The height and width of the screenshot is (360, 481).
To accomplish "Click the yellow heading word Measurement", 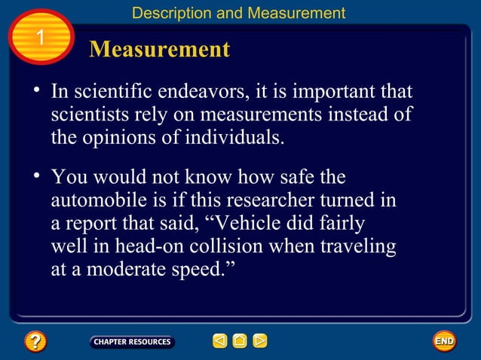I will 159,50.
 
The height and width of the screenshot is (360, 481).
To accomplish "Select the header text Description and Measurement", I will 238,13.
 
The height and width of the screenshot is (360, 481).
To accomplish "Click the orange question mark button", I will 35,342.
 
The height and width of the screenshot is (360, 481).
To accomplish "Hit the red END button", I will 444,342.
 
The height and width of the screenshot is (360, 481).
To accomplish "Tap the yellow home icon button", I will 240,342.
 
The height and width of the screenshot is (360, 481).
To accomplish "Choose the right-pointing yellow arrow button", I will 259,342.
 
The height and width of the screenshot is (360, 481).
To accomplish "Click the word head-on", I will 141,246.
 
